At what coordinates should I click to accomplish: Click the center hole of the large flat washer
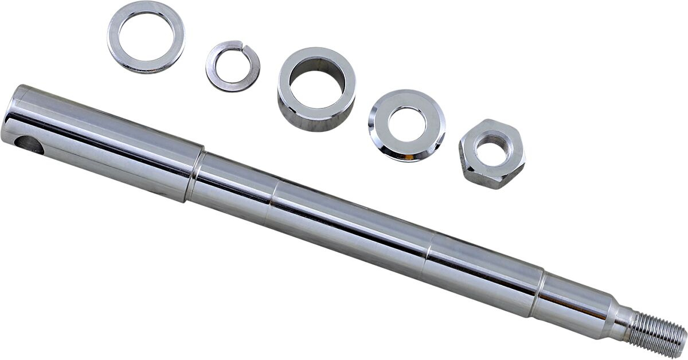click(146, 37)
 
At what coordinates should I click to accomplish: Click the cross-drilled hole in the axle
click(29, 145)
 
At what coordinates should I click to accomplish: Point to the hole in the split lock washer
click(232, 65)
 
